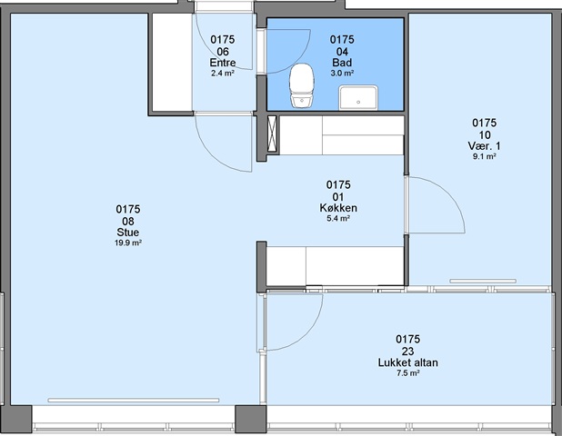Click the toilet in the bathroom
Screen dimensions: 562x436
click(x=301, y=85)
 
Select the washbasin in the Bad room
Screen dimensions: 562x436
click(x=358, y=97)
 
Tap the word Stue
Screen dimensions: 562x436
click(x=128, y=233)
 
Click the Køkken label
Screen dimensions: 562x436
click(x=338, y=208)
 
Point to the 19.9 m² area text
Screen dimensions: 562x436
click(x=128, y=243)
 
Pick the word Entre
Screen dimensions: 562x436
click(x=223, y=63)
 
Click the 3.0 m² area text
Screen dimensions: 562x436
click(x=342, y=73)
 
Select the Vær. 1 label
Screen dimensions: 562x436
click(x=484, y=146)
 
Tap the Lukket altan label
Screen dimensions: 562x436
click(x=408, y=362)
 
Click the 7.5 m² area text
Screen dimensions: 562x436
click(x=408, y=373)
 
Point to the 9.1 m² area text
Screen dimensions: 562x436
click(x=484, y=156)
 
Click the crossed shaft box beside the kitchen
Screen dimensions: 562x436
click(x=273, y=134)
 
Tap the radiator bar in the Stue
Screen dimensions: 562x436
click(x=134, y=401)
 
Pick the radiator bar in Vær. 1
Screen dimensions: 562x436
click(x=483, y=281)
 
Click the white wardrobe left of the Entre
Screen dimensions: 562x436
click(x=172, y=63)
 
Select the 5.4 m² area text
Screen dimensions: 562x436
click(x=338, y=218)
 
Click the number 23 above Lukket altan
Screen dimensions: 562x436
click(x=408, y=352)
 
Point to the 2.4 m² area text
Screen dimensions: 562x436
click(x=223, y=74)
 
